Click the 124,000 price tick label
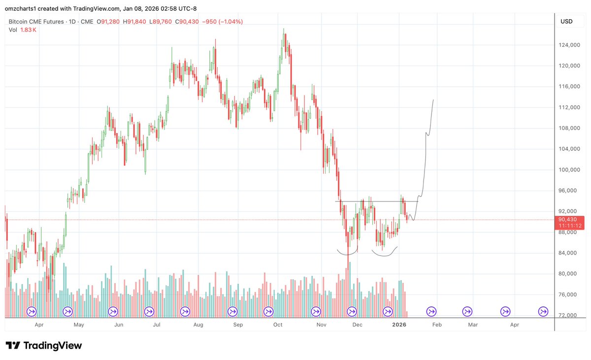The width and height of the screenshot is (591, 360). coord(570,45)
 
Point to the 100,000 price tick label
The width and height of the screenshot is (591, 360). coord(570,170)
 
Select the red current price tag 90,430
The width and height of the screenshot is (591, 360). coord(569,220)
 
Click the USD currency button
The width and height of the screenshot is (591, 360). coord(566,22)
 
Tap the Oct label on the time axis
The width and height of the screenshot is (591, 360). coord(278,325)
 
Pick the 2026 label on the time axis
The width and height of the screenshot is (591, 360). coord(399,325)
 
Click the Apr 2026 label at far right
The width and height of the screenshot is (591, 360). coord(514,325)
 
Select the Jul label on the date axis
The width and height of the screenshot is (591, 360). coord(157,325)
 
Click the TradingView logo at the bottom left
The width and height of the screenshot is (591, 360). coord(44,346)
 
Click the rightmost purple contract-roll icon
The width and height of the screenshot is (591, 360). coord(543,311)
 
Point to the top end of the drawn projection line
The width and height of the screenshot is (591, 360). coord(433,100)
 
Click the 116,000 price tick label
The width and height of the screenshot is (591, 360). coord(570,87)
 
